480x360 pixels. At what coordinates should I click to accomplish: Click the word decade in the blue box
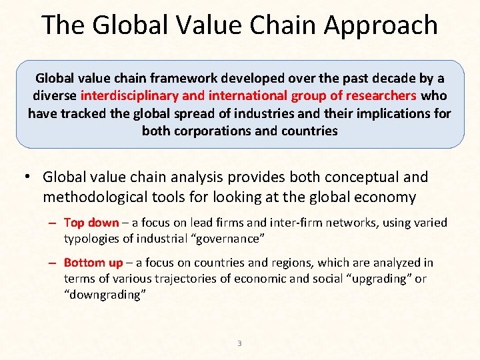(x=374, y=79)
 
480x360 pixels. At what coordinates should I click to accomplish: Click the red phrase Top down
(x=91, y=223)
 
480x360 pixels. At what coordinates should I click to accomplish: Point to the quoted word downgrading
(x=105, y=293)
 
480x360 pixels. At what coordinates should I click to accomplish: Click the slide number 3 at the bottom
(x=239, y=343)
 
